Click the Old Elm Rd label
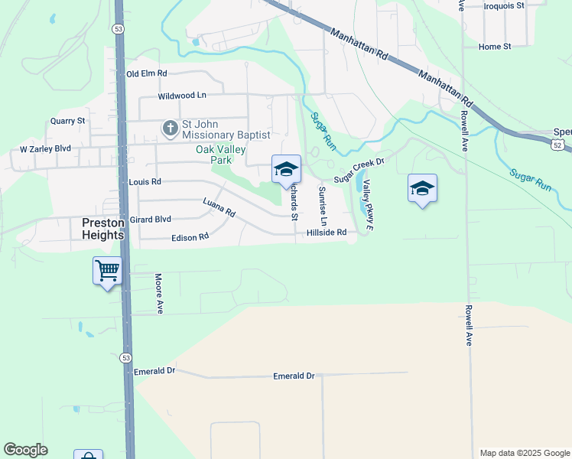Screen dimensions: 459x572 click(x=146, y=73)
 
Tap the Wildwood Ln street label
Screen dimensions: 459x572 click(x=182, y=96)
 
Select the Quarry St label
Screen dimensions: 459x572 click(x=67, y=121)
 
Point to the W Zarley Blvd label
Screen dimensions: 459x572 click(x=45, y=148)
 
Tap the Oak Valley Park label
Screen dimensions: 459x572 click(x=213, y=155)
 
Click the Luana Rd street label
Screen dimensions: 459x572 click(x=219, y=207)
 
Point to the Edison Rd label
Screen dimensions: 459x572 click(x=190, y=237)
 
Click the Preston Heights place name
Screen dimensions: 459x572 click(x=103, y=229)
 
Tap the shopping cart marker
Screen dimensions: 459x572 click(x=107, y=270)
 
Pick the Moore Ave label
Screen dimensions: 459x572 click(x=160, y=295)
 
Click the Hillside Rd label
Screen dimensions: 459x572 click(x=327, y=233)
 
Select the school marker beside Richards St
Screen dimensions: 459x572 click(x=286, y=169)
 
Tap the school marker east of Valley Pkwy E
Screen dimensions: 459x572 click(x=422, y=188)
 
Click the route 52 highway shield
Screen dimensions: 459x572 click(x=559, y=144)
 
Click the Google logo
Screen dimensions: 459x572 click(x=26, y=450)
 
